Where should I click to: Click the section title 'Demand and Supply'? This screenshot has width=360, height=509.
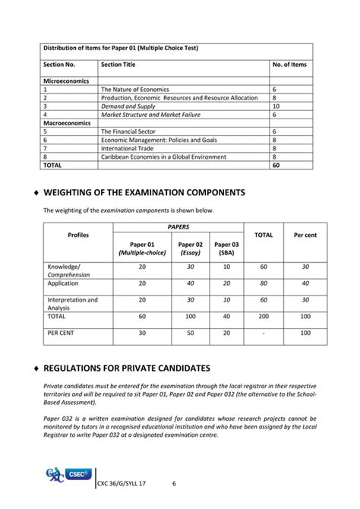click(x=127, y=106)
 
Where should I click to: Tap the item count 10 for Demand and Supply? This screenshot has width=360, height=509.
click(x=276, y=106)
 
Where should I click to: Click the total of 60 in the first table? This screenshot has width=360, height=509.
click(x=276, y=165)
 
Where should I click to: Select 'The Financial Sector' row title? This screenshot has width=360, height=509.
click(x=129, y=131)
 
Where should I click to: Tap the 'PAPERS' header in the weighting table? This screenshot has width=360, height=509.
click(x=178, y=226)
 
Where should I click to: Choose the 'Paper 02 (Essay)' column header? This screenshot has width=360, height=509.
click(x=190, y=248)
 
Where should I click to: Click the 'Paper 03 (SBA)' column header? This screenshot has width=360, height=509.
click(x=226, y=248)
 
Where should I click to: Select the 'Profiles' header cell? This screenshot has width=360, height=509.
click(x=77, y=235)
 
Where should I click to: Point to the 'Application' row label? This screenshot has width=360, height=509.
click(x=63, y=283)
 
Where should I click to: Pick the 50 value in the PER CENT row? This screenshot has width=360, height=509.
click(x=190, y=332)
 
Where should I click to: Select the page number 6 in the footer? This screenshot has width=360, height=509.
click(x=174, y=483)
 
